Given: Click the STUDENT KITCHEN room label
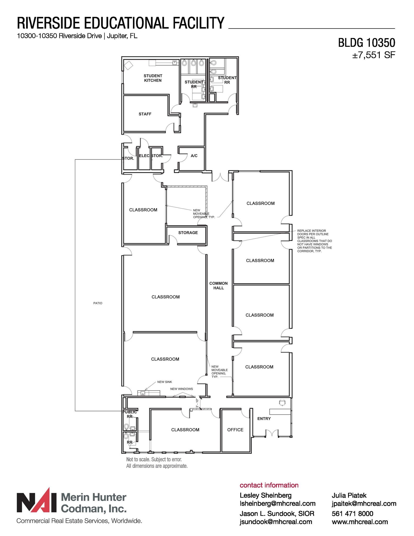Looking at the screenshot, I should tap(153, 78).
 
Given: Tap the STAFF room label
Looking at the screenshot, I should tap(145, 114).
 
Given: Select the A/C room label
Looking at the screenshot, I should tap(194, 156).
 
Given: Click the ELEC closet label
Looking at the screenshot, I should tap(144, 156).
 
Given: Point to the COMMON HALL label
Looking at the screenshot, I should tap(218, 286).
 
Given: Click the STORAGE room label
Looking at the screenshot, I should tap(188, 233).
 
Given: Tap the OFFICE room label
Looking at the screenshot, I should tap(235, 430).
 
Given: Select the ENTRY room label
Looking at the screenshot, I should tap(264, 418).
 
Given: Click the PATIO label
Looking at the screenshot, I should tap(98, 303).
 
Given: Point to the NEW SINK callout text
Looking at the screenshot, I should tap(165, 382).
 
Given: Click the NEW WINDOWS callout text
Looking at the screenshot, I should tap(182, 389).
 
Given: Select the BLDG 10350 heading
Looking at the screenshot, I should tap(366, 43).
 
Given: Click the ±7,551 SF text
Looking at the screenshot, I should tap(373, 55).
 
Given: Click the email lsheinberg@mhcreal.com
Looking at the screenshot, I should tap(277, 503).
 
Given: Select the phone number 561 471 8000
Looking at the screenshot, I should tap(352, 513).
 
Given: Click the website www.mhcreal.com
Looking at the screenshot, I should tap(360, 522).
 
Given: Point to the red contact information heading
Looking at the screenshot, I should tap(269, 485).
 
